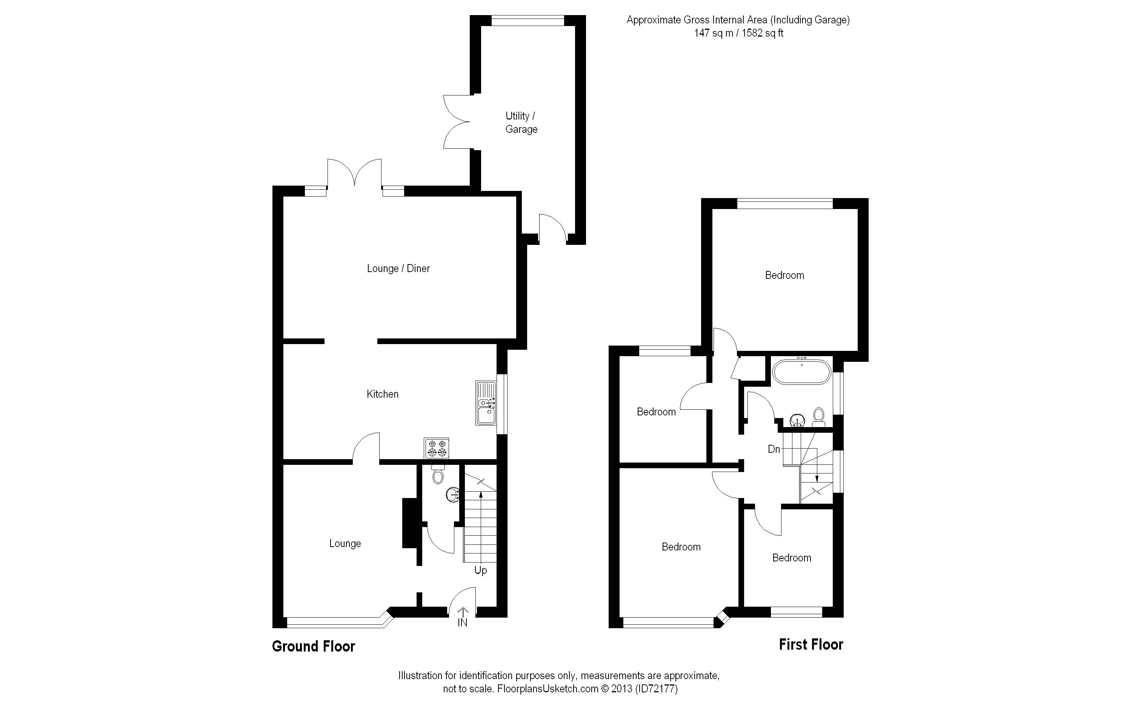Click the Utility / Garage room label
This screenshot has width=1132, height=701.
click(521, 122)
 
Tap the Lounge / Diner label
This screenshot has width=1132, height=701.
click(398, 268)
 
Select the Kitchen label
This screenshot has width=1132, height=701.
click(383, 394)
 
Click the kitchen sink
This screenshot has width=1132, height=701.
click(486, 403)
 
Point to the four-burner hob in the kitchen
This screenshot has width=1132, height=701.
click(437, 448)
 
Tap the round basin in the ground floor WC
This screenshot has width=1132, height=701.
click(453, 494)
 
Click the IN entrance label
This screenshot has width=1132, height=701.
click(462, 623)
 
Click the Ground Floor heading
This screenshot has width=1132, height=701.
click(313, 646)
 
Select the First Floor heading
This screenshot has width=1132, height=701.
click(811, 644)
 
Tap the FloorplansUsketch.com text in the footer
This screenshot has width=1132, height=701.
click(548, 689)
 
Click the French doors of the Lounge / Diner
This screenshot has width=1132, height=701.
click(355, 174)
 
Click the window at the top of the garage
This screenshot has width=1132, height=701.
click(528, 20)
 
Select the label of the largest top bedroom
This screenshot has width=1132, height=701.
click(784, 275)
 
